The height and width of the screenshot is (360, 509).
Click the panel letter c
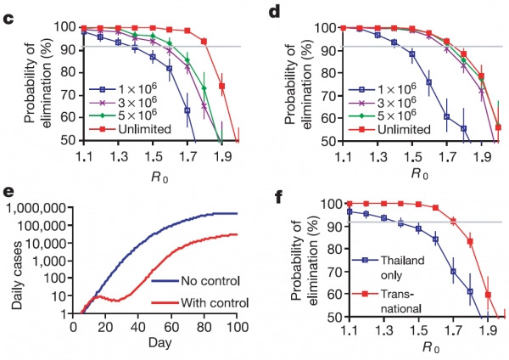click(x=8, y=11)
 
